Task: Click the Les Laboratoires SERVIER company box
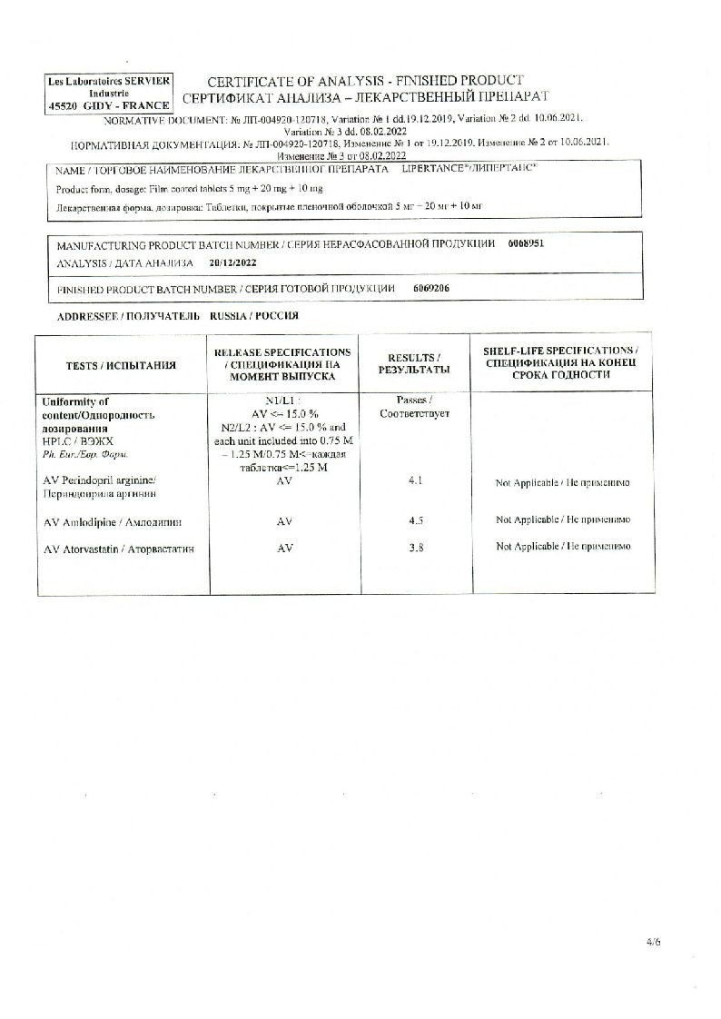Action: click(109, 94)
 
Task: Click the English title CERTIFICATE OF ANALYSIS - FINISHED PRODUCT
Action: click(366, 81)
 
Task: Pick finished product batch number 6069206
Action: click(430, 288)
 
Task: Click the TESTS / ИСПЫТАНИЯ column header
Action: click(121, 365)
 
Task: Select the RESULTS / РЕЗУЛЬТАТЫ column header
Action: click(415, 365)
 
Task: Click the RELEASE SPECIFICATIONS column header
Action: click(282, 365)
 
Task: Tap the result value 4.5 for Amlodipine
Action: click(416, 520)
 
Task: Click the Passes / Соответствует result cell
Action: click(416, 407)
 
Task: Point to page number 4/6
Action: click(653, 942)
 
